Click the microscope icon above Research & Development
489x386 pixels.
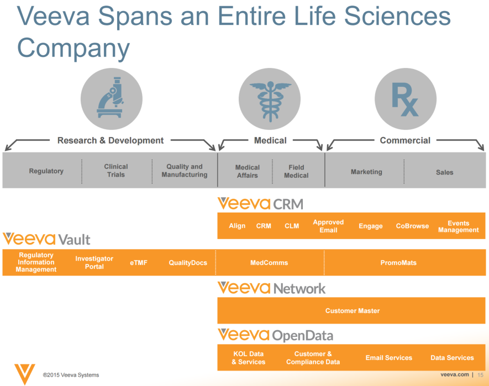[111, 98]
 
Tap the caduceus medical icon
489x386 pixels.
[270, 98]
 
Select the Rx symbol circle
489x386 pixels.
[405, 98]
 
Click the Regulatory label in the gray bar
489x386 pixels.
[46, 171]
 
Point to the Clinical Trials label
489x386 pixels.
[116, 171]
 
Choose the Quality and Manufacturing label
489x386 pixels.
[185, 171]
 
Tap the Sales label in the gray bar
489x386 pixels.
[444, 172]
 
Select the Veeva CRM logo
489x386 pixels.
[260, 204]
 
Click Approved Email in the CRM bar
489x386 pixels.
[328, 226]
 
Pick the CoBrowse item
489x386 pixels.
[412, 226]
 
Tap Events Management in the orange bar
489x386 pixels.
[459, 226]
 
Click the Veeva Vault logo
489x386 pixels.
[46, 239]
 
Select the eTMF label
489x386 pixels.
[139, 263]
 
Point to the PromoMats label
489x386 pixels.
[398, 263]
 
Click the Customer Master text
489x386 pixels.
[353, 311]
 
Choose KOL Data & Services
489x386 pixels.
[248, 358]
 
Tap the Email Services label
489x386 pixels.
[388, 358]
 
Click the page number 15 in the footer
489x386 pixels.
[480, 374]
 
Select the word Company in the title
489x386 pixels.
[73, 47]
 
